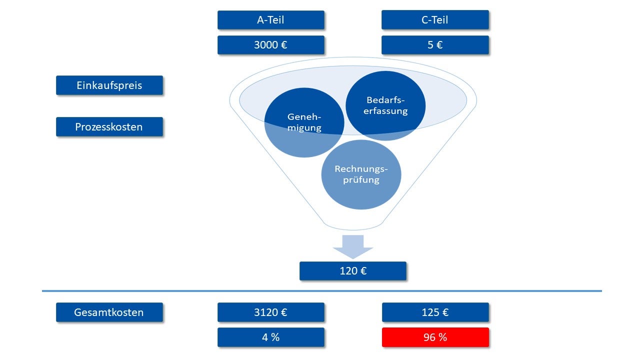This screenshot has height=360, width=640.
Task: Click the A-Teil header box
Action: tap(270, 20)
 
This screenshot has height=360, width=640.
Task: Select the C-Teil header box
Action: tap(435, 20)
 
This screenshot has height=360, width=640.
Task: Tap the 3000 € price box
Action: tap(270, 44)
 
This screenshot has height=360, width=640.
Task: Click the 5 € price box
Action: tap(435, 44)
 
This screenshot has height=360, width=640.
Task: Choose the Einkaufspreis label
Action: tap(109, 85)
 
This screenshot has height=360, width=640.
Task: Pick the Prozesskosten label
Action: tap(109, 126)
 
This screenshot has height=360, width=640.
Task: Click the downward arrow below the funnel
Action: tap(353, 247)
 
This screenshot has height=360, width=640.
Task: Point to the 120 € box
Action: tap(353, 271)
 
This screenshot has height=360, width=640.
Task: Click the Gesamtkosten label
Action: tap(109, 312)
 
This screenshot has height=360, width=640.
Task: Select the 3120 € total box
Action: tap(270, 312)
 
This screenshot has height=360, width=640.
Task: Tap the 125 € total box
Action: tap(435, 312)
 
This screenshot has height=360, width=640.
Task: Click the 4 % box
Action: tap(270, 337)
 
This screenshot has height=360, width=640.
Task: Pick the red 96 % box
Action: tap(435, 337)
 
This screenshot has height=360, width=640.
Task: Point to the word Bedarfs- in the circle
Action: tap(385, 100)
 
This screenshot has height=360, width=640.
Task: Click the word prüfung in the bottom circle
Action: tap(361, 180)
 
